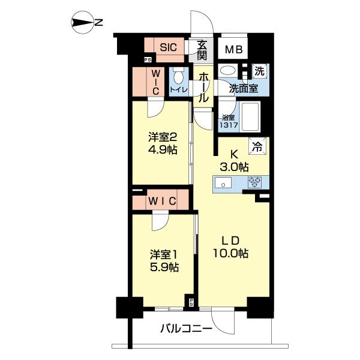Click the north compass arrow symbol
click(x=83, y=23)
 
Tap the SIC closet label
click(x=168, y=47)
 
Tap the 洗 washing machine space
click(x=259, y=71)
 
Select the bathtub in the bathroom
click(x=251, y=116)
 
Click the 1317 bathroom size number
click(x=229, y=125)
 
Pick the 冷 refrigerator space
click(x=257, y=146)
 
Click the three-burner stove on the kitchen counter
click(x=254, y=183)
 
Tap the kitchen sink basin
click(x=223, y=183)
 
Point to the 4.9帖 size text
click(x=163, y=151)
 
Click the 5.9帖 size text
click(x=164, y=267)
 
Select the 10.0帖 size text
click(x=231, y=253)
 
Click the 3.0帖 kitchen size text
click(x=235, y=167)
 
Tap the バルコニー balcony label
click(x=186, y=329)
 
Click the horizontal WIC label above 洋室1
click(x=162, y=202)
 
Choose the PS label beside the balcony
click(x=191, y=302)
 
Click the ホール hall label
click(x=203, y=88)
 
